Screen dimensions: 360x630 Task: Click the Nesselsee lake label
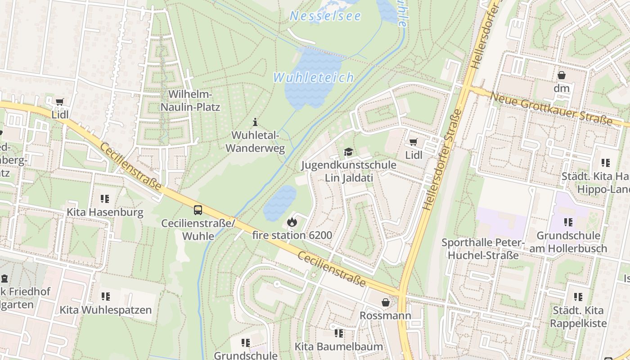click(x=325, y=16)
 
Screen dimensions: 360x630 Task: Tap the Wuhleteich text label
click(x=314, y=77)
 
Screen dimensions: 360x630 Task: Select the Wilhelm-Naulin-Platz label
click(x=190, y=101)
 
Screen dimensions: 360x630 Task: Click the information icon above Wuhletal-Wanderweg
click(x=255, y=122)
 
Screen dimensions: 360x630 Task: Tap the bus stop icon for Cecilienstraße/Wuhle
click(x=198, y=210)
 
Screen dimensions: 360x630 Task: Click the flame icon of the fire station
click(x=292, y=222)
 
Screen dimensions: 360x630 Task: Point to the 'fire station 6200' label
click(x=292, y=235)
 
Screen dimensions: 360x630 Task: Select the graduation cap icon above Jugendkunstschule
click(x=348, y=152)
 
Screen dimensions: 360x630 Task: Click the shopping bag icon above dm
click(x=561, y=75)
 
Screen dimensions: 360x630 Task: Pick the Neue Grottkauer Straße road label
click(x=551, y=109)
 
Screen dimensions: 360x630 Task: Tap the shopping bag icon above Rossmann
click(x=385, y=302)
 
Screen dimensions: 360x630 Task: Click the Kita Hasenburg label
click(x=105, y=212)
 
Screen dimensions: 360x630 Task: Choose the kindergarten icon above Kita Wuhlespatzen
click(x=105, y=297)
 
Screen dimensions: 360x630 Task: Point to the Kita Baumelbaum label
click(x=338, y=346)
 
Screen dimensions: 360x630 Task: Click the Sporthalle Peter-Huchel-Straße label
click(x=482, y=249)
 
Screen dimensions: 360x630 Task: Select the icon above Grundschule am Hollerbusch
click(x=568, y=222)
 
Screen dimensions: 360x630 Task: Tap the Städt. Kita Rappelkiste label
click(x=578, y=316)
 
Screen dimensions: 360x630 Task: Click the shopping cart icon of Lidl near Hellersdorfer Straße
click(x=413, y=142)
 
